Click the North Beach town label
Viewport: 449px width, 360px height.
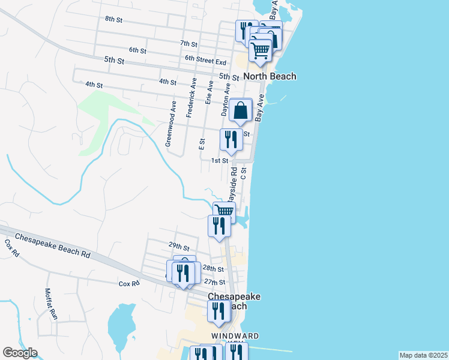(270, 77)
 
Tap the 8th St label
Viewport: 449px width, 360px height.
(113, 19)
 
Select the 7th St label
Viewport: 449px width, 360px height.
(188, 44)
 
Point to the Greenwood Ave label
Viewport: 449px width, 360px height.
(171, 124)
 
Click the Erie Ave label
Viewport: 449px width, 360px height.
(209, 93)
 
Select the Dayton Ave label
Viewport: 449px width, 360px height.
(226, 100)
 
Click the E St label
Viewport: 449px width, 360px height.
(202, 144)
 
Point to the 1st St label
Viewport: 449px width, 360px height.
(220, 161)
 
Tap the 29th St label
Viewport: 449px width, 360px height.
(179, 247)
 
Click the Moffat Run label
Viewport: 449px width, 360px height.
(49, 304)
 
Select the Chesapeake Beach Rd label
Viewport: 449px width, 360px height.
(53, 245)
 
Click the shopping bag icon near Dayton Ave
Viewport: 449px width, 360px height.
(240, 110)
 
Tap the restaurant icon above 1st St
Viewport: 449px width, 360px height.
(231, 140)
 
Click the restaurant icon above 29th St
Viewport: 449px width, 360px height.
(218, 226)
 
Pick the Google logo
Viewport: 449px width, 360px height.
(20, 353)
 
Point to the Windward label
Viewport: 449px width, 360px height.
(235, 335)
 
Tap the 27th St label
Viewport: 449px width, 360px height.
(214, 282)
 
